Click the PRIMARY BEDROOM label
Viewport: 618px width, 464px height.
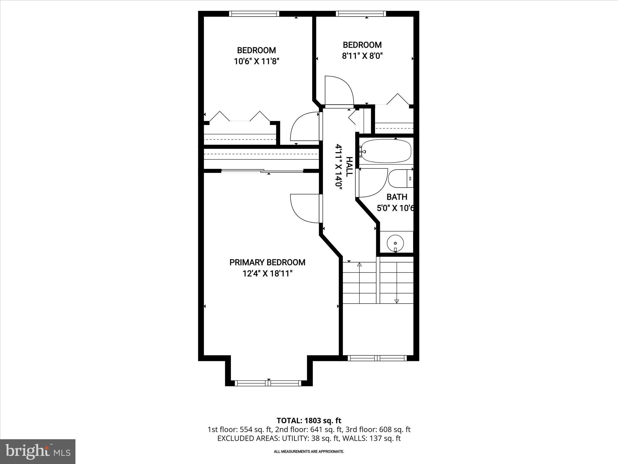coord(267,262)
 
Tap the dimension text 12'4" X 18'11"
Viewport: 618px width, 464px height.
coord(267,274)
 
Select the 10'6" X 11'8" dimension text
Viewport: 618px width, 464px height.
coord(256,61)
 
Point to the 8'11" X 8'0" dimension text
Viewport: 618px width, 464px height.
coord(362,56)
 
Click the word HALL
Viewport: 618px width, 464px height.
coord(349,167)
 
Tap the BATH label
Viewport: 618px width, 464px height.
coord(397,197)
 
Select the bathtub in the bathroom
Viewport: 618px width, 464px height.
coord(386,151)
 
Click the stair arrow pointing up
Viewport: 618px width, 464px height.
coord(359,265)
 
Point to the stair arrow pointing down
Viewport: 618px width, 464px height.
coord(397,301)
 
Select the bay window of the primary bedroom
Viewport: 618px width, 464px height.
coord(268,383)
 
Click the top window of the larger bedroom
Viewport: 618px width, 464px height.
coord(254,14)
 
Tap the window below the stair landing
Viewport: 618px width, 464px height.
coord(377,358)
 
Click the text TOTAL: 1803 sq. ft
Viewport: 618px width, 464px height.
coord(309,420)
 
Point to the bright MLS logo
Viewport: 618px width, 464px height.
coord(38,451)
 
